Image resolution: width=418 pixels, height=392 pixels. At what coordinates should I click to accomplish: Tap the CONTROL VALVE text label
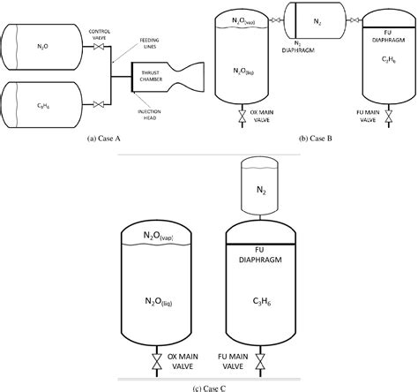click(104, 40)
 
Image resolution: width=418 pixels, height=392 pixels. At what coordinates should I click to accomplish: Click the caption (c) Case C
click(208, 386)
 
